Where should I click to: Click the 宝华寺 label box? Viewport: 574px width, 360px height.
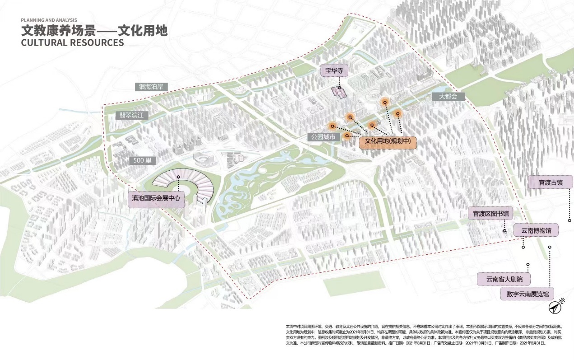pos(335,71)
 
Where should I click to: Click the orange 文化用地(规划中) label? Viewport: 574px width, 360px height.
pos(387,141)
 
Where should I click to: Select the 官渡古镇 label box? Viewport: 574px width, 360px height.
pos(550,182)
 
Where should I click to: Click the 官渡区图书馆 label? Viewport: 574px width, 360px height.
pos(490,213)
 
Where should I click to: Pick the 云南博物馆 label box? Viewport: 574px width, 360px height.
pos(536,229)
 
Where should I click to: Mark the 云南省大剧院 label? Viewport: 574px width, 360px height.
pos(504,279)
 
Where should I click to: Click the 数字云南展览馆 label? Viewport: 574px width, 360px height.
pos(527,294)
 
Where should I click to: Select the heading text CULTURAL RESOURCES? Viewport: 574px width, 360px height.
pos(72,43)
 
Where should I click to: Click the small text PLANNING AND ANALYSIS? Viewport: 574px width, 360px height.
pos(49,20)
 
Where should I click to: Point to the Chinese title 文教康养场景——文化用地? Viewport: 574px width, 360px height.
pos(94,31)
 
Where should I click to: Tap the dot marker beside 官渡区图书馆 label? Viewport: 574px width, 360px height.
pos(505,231)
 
